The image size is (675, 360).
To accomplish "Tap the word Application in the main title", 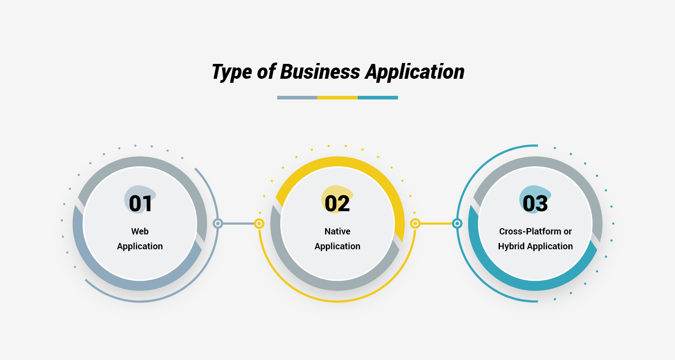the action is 414,72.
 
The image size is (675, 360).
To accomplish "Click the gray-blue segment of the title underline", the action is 297,97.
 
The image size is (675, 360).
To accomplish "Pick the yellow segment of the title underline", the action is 337,97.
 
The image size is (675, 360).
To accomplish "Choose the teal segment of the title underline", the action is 378,97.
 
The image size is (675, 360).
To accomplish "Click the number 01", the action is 140,203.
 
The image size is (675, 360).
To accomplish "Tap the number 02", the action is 337,203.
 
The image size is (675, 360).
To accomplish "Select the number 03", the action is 535,203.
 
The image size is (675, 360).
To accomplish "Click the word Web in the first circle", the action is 140,231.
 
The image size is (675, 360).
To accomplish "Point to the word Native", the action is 337,231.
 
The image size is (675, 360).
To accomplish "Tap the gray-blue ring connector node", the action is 218,223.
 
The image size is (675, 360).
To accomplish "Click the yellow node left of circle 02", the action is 259,223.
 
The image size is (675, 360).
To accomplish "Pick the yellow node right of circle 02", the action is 415,223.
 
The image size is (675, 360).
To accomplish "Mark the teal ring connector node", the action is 457,223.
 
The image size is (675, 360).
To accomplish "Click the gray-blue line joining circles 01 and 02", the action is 238,223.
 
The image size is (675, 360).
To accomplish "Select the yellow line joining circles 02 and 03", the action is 436,223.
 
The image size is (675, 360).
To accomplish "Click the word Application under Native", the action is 337,246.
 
